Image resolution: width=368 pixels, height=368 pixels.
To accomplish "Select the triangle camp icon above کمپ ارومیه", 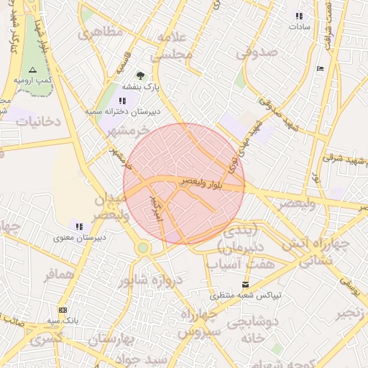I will point(32,70).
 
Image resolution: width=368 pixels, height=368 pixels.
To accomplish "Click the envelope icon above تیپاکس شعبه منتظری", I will point(246,285).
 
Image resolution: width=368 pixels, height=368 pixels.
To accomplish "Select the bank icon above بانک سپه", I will point(63,310).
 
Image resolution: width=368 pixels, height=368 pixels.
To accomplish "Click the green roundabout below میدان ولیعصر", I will point(143,248).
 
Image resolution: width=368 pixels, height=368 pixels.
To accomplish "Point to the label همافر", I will point(59,275).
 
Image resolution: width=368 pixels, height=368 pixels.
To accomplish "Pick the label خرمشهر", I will point(127,131).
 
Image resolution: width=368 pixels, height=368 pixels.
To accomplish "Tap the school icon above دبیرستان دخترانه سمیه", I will point(122,101).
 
